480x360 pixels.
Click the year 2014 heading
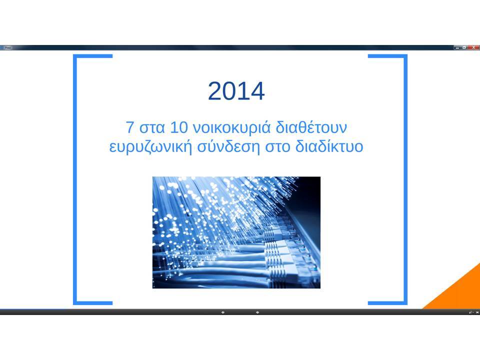click(x=236, y=91)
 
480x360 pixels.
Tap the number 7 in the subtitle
click(x=130, y=127)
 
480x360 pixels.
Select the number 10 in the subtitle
click(x=178, y=127)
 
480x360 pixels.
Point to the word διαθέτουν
click(x=311, y=127)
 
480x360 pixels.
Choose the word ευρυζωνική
click(x=150, y=147)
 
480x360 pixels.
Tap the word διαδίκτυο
click(x=329, y=146)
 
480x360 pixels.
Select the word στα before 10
click(x=152, y=128)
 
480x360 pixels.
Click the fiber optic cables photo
click(x=236, y=232)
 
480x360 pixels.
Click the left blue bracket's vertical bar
click(x=74, y=179)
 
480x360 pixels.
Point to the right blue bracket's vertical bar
click(x=405, y=179)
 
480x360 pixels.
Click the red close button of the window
click(x=474, y=47)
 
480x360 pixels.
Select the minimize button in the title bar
click(x=457, y=47)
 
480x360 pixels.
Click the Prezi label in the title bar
click(x=7, y=48)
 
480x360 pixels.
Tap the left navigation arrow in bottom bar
click(x=223, y=312)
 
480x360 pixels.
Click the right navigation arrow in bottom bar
click(x=257, y=312)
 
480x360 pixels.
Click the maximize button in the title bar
click(x=464, y=47)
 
